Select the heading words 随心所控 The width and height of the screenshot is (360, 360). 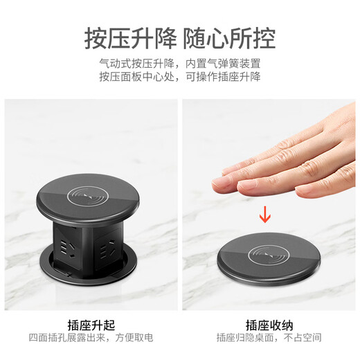[231, 36]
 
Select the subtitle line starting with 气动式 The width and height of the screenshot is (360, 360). [179, 64]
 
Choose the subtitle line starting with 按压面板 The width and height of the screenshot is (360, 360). [179, 78]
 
